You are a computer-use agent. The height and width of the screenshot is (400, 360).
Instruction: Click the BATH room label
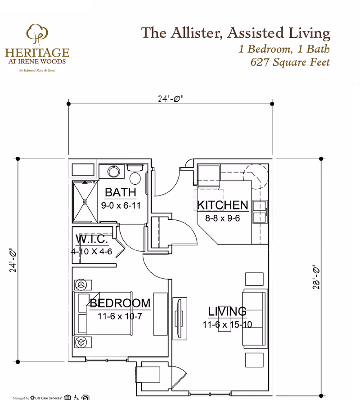(x=120, y=192)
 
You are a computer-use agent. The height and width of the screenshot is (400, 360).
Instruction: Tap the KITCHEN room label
(x=223, y=205)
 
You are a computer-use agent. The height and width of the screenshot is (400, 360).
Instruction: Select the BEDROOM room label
(x=120, y=303)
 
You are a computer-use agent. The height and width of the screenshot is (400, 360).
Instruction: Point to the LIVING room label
(x=227, y=311)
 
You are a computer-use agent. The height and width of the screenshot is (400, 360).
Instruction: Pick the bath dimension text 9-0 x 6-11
(x=120, y=205)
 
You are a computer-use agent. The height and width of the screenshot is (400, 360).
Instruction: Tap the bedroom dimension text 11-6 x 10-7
(x=120, y=316)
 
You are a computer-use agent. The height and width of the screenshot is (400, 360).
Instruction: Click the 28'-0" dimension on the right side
(x=316, y=279)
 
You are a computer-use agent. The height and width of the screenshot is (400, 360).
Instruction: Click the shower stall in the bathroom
(x=85, y=201)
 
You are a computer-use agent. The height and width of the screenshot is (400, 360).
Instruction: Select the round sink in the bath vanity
(x=114, y=171)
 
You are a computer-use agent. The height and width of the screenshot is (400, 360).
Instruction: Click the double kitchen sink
(x=260, y=211)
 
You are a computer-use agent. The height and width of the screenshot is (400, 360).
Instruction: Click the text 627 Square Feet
(x=290, y=62)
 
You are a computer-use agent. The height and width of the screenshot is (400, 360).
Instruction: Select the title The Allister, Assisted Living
(x=236, y=33)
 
